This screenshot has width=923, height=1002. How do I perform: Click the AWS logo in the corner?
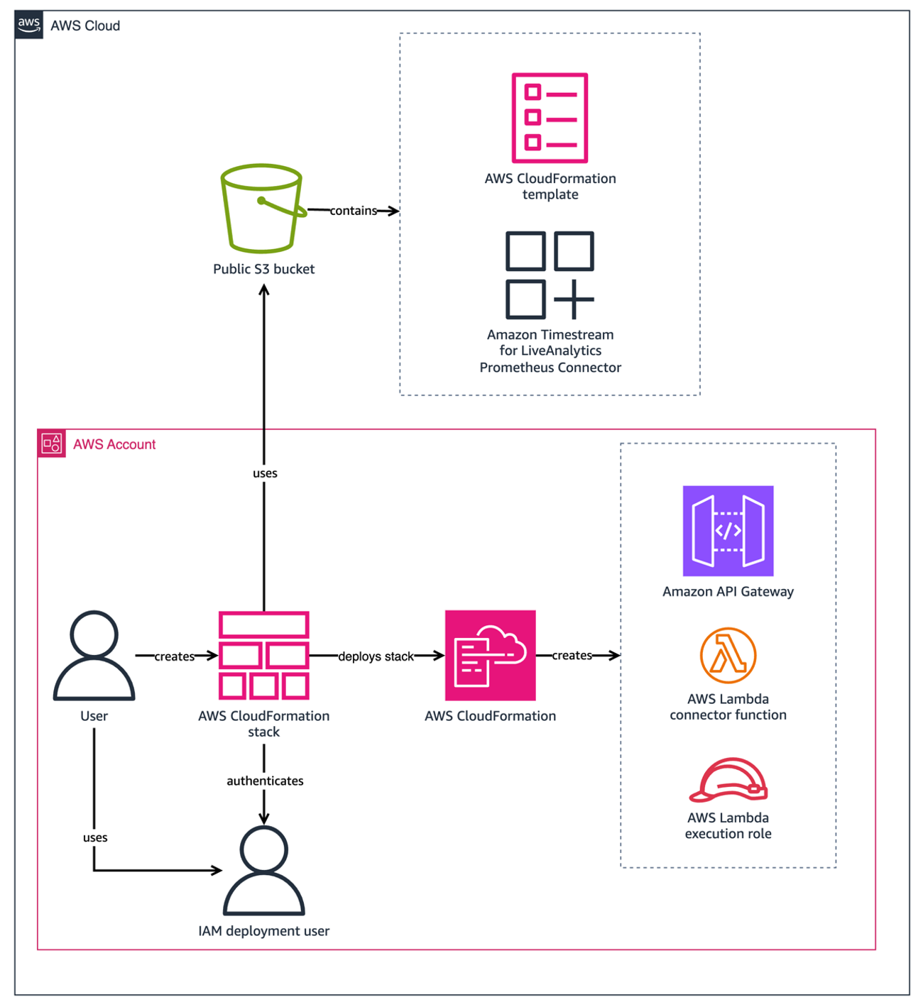pyautogui.click(x=28, y=24)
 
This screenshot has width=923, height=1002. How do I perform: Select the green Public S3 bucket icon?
pyautogui.click(x=263, y=209)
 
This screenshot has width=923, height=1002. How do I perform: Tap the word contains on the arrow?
pyautogui.click(x=353, y=211)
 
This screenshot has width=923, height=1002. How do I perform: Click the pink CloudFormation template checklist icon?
pyautogui.click(x=550, y=118)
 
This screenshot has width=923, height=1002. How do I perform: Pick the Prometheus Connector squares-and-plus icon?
pyautogui.click(x=550, y=275)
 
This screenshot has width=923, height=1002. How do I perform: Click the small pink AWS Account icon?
pyautogui.click(x=51, y=444)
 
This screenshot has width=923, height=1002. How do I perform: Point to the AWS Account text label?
pyautogui.click(x=114, y=444)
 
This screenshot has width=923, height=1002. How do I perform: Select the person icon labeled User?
pyautogui.click(x=94, y=656)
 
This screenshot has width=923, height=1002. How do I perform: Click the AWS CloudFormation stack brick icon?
pyautogui.click(x=263, y=656)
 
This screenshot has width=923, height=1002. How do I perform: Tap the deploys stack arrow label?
pyautogui.click(x=376, y=656)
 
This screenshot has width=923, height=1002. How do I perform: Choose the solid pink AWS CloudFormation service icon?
pyautogui.click(x=490, y=655)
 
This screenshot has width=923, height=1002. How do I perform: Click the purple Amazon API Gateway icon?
pyautogui.click(x=728, y=531)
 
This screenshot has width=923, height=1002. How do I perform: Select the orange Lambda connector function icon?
pyautogui.click(x=728, y=655)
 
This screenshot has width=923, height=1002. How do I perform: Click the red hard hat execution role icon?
pyautogui.click(x=728, y=780)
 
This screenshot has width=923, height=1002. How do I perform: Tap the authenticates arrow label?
pyautogui.click(x=265, y=781)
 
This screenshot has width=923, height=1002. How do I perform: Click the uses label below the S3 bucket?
pyautogui.click(x=265, y=473)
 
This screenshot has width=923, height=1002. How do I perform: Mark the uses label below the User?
pyautogui.click(x=95, y=837)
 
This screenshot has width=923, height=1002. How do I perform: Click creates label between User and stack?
pyautogui.click(x=174, y=656)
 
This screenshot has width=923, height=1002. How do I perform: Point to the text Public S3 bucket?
pyautogui.click(x=263, y=269)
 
